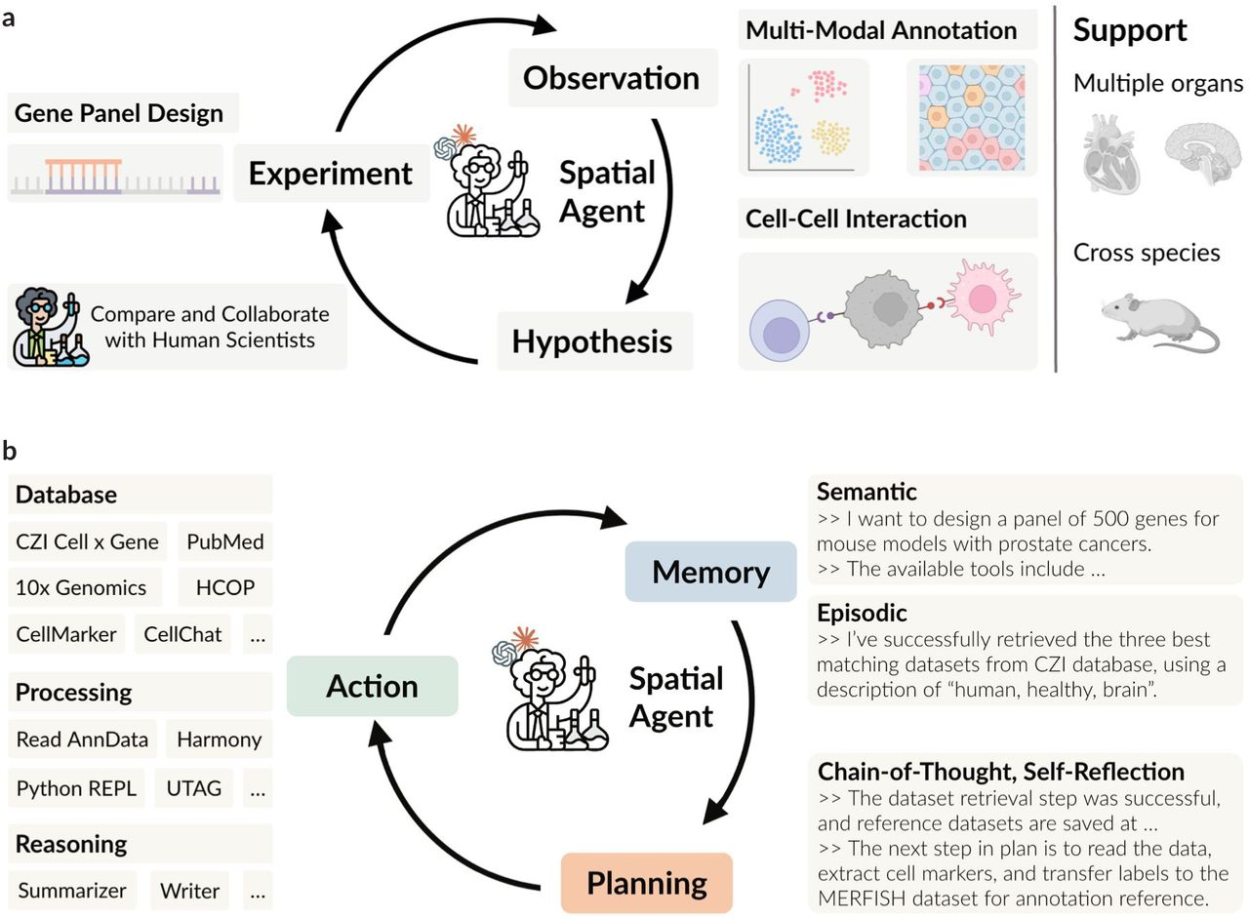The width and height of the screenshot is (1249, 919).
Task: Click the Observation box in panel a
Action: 612,78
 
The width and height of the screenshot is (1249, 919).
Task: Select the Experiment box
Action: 331,174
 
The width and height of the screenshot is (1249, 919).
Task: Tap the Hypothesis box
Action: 592,341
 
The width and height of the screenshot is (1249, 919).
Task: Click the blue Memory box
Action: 710,572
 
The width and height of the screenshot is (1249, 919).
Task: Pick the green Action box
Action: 372,686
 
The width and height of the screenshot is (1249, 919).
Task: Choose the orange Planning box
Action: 646,883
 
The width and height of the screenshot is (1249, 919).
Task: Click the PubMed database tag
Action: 225,541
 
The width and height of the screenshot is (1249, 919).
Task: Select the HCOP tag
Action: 225,587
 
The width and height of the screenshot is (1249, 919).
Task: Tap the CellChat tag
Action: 182,634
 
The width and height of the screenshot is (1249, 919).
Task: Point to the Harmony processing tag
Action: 219,739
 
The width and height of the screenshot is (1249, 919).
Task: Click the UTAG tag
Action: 193,787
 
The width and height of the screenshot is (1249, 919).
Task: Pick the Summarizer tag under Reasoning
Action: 72,890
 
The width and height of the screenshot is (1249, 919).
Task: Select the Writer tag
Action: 190,890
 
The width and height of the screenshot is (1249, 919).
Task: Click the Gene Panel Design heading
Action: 119,113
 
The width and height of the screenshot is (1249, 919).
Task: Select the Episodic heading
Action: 863,613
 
